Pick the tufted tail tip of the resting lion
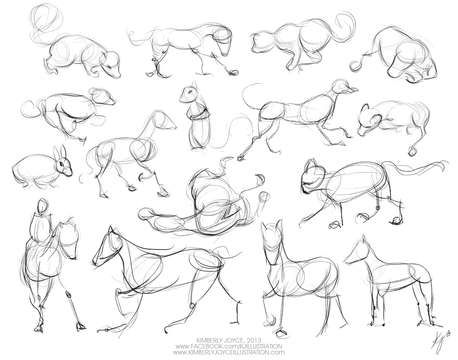tap(412, 151)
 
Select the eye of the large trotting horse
tap(118, 239)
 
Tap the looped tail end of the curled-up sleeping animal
tap(355, 65)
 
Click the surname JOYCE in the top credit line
tap(234, 340)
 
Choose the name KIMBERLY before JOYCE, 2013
tap(209, 340)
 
